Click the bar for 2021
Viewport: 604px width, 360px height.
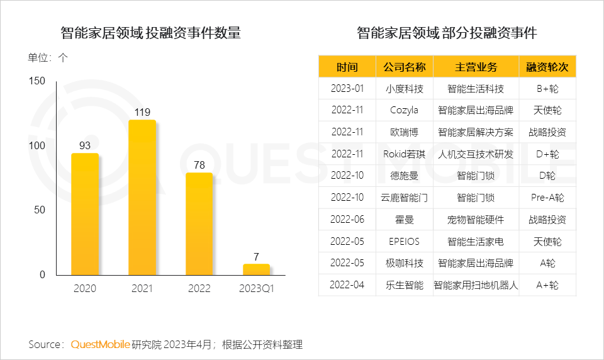point(142,198)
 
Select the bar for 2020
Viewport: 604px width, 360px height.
point(84,214)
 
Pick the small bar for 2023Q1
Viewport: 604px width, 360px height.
point(256,269)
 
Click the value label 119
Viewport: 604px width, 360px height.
point(142,113)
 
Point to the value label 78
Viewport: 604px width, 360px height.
point(199,165)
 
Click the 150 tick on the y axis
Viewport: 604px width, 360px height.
point(38,81)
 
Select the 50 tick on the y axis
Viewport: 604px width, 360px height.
point(40,210)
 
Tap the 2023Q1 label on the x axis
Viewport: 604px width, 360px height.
point(256,289)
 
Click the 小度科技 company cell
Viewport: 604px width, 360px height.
point(404,89)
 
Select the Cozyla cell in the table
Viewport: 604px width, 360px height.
point(404,111)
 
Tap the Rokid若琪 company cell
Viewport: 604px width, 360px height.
point(404,154)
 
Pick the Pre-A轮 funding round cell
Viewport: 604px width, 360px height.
point(547,198)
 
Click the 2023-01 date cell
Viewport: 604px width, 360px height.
point(347,89)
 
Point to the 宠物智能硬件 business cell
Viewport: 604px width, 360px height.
point(476,220)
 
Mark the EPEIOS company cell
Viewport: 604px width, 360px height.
point(404,242)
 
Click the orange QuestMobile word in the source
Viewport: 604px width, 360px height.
point(101,344)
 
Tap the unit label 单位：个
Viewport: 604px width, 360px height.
point(48,57)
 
